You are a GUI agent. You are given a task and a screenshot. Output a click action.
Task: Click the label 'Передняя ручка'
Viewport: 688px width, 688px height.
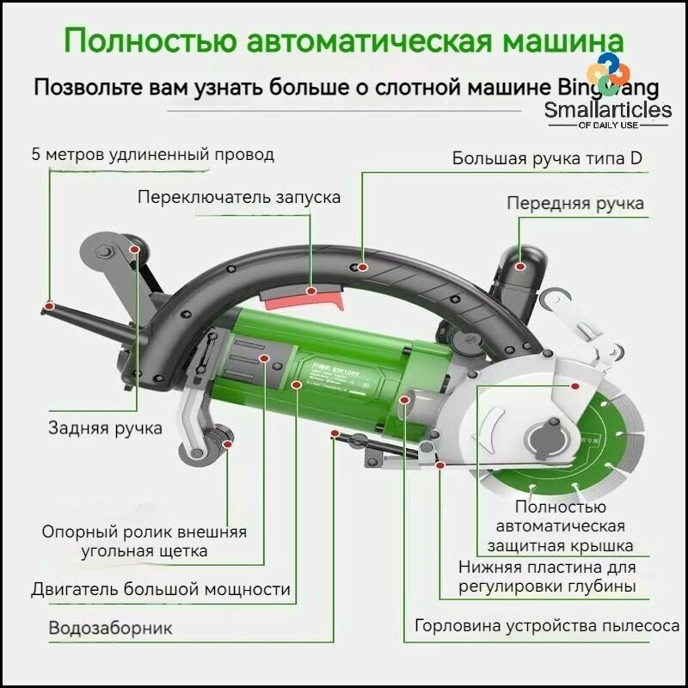(574, 204)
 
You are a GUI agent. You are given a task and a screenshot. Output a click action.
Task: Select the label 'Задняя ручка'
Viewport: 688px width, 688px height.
(104, 428)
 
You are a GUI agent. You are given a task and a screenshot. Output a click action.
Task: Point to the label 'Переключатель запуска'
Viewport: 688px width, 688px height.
(238, 197)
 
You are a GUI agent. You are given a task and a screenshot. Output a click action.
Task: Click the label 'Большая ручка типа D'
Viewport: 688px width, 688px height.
(547, 158)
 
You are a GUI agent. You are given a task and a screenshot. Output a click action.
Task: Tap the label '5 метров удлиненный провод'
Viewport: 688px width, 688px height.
(152, 155)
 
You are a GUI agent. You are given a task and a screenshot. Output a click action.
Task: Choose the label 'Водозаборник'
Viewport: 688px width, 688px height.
(110, 628)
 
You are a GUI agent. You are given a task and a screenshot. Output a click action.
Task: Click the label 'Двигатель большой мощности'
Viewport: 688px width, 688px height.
(160, 590)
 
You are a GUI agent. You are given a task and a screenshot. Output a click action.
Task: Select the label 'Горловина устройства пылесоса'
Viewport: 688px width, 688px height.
(547, 626)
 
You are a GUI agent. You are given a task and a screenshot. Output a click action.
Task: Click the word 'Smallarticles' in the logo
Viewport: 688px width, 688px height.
(608, 109)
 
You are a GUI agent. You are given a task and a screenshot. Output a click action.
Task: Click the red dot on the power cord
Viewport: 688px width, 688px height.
(50, 305)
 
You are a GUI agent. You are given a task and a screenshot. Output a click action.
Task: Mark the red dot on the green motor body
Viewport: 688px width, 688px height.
(296, 384)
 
